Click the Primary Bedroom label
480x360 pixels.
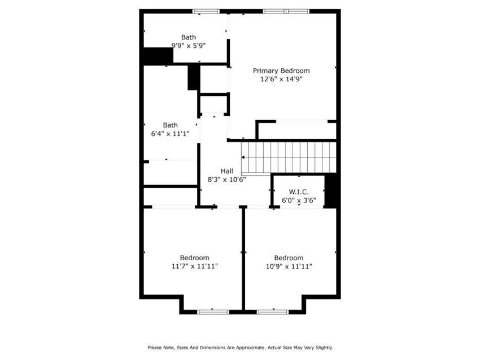point(281,71)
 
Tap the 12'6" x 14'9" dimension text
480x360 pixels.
point(281,79)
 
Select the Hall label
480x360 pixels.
point(227,172)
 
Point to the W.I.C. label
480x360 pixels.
point(299,192)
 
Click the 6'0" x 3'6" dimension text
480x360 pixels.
point(299,201)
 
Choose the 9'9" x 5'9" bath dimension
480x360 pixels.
point(188,46)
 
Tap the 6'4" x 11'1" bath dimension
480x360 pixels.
point(170,134)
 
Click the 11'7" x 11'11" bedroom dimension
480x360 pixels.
point(195,266)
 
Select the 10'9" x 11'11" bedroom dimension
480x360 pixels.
point(289,266)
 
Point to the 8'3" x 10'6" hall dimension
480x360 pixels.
point(227,179)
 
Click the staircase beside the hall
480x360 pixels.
point(289,158)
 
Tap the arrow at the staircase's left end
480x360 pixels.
point(243,157)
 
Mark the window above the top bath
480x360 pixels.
point(206,11)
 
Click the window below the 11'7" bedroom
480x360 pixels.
point(213,312)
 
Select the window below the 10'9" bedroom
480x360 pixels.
point(272,312)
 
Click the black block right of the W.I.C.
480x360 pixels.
point(330,191)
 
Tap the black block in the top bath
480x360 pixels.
point(158,56)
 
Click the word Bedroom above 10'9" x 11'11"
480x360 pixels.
point(289,258)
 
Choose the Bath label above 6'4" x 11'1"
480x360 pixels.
point(170,125)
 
